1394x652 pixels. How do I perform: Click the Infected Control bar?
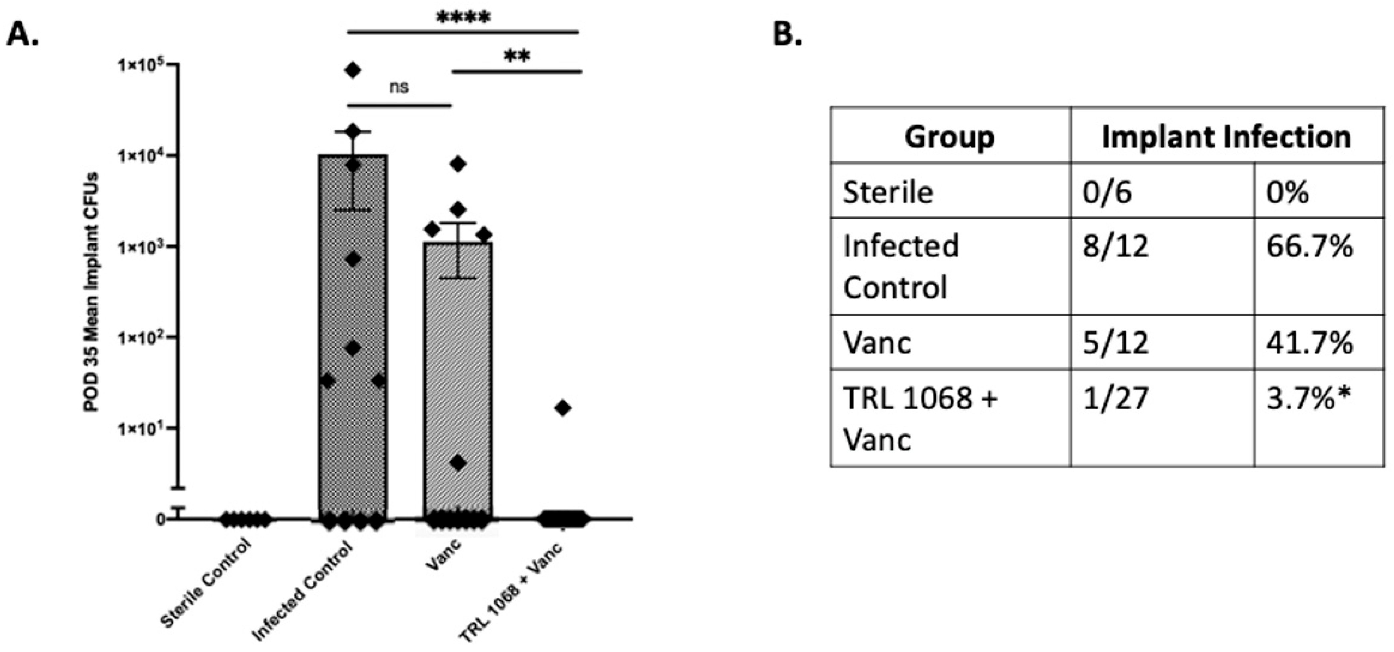(x=353, y=303)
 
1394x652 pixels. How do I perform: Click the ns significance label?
(x=399, y=87)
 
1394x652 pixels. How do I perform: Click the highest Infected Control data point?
(x=353, y=70)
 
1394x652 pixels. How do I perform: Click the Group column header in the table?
(x=950, y=137)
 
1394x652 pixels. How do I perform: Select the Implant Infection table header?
(x=1226, y=137)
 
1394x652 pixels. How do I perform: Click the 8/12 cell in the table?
(x=1115, y=247)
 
